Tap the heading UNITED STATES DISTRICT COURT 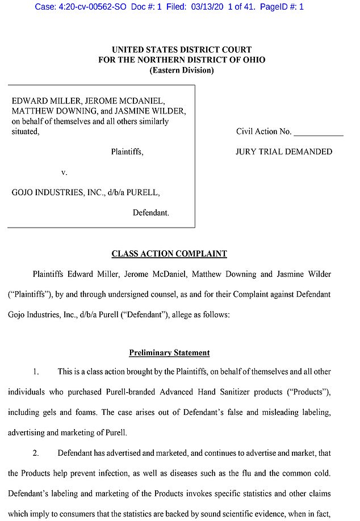pos(181,50)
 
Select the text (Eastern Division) pos(181,70)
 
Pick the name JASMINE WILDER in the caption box pos(156,111)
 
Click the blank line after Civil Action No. pos(318,132)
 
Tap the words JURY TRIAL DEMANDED pos(284,152)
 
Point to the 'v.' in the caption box pos(64,172)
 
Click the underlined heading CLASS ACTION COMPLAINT pos(169,254)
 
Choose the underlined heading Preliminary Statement pos(169,352)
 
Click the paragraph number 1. pos(36,372)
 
